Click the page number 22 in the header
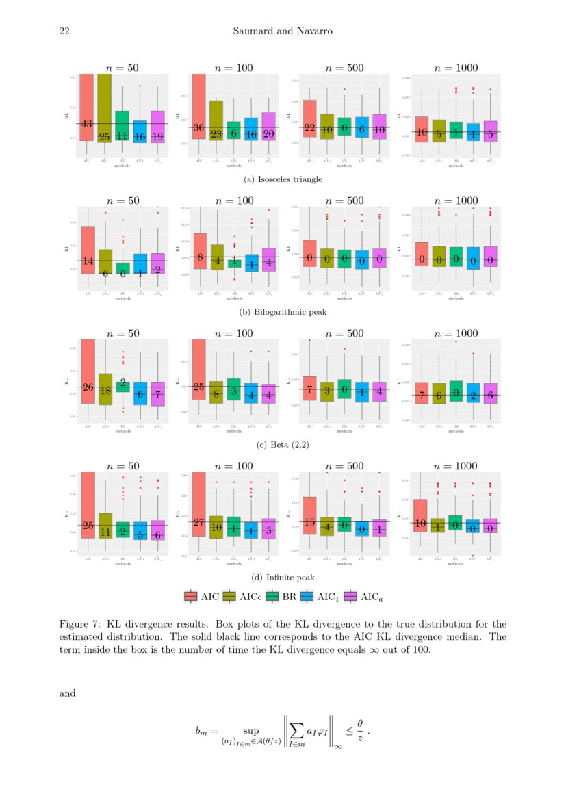65,31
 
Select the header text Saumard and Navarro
283,31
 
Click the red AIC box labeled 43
87,109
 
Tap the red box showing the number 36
199,109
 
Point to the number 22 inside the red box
309,128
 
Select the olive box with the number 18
105,390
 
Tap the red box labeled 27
199,506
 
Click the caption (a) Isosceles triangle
283,179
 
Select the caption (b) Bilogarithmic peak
283,312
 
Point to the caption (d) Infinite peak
283,578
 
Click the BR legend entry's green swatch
273,597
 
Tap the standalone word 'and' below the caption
68,693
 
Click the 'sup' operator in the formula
251,731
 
